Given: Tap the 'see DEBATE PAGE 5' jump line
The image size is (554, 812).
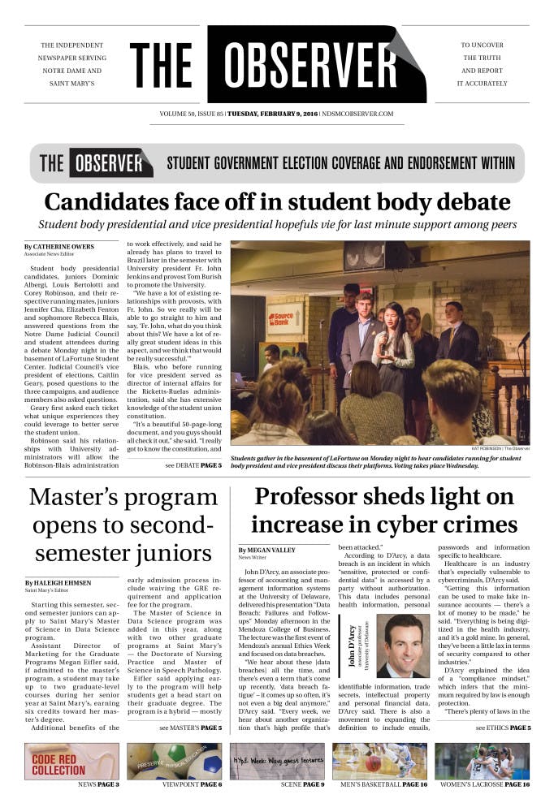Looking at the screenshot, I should pyautogui.click(x=193, y=466).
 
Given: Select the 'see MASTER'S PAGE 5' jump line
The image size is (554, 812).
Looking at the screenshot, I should pyautogui.click(x=190, y=728).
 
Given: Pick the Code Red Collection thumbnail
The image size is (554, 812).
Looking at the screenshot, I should pyautogui.click(x=71, y=761).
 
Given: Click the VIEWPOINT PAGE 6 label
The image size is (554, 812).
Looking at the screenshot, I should pyautogui.click(x=192, y=785).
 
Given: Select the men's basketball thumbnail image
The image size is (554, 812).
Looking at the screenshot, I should pyautogui.click(x=379, y=761).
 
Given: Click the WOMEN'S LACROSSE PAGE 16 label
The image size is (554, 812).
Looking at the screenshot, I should pyautogui.click(x=485, y=785).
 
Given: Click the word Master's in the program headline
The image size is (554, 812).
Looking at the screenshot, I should pyautogui.click(x=75, y=497).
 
